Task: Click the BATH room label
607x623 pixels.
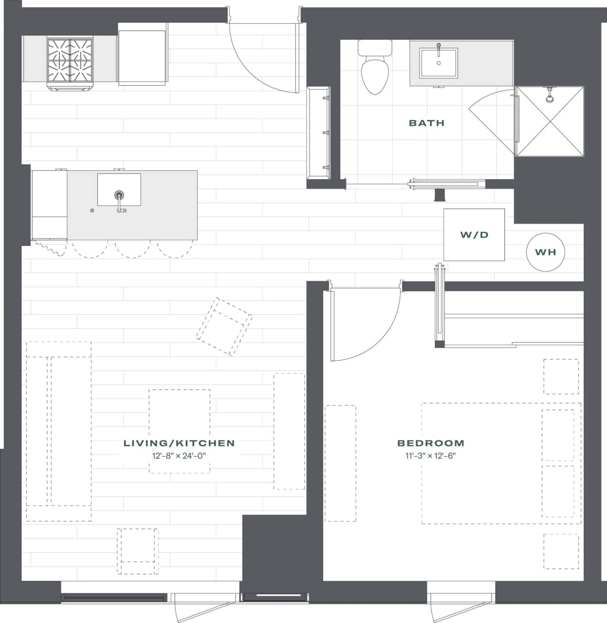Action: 426,123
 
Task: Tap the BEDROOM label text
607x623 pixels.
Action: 431,443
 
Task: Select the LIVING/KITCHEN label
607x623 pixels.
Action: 179,443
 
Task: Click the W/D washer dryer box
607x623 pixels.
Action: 474,235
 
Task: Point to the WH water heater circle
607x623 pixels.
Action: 545,252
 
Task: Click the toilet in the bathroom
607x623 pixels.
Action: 375,68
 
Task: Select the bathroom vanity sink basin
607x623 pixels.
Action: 438,62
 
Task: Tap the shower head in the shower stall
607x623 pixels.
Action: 550,96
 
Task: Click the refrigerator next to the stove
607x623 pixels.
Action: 143,57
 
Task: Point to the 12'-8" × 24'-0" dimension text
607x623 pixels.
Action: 179,456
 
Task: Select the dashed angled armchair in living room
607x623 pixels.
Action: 224,327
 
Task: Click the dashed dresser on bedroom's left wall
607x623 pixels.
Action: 340,463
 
